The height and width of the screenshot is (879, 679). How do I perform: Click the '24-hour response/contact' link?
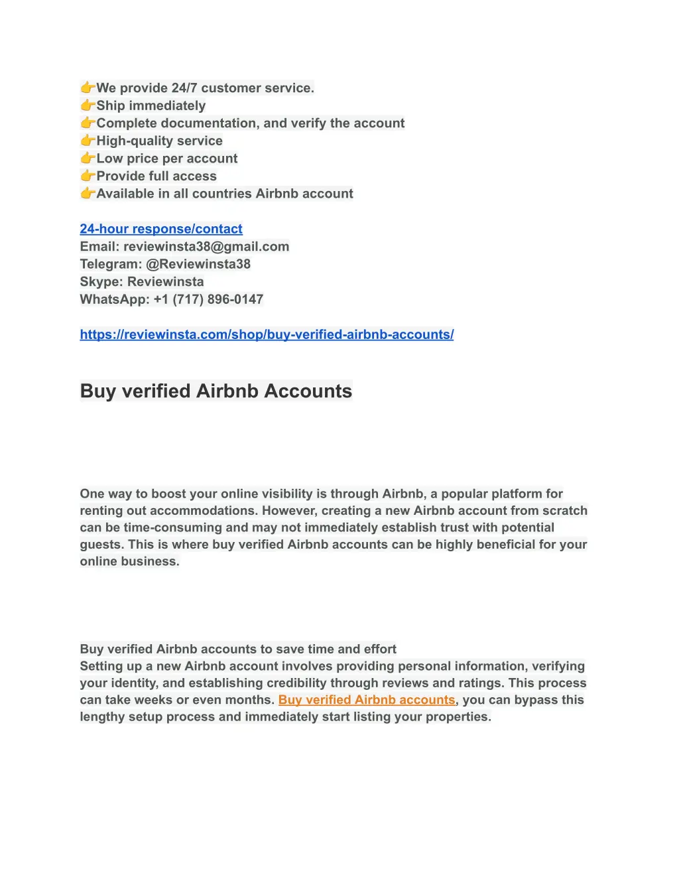pos(161,229)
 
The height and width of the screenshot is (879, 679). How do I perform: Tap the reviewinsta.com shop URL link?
pos(267,334)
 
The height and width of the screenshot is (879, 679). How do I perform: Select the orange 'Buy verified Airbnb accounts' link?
pos(367,700)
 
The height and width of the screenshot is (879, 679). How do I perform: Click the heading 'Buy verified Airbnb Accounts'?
pos(216,391)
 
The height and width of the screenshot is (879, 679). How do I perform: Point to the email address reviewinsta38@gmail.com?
pos(206,247)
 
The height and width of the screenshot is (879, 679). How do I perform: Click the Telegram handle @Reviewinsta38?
pos(198,264)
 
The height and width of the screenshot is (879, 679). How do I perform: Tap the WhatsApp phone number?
pos(208,299)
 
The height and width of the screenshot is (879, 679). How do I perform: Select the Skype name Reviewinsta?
pos(166,282)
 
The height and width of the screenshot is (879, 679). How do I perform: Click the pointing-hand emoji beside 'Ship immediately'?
pos(88,105)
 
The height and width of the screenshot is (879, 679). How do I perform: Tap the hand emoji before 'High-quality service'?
pos(88,141)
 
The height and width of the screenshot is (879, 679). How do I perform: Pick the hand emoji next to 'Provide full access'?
pos(88,176)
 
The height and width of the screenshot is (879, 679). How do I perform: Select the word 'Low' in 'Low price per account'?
pos(109,159)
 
